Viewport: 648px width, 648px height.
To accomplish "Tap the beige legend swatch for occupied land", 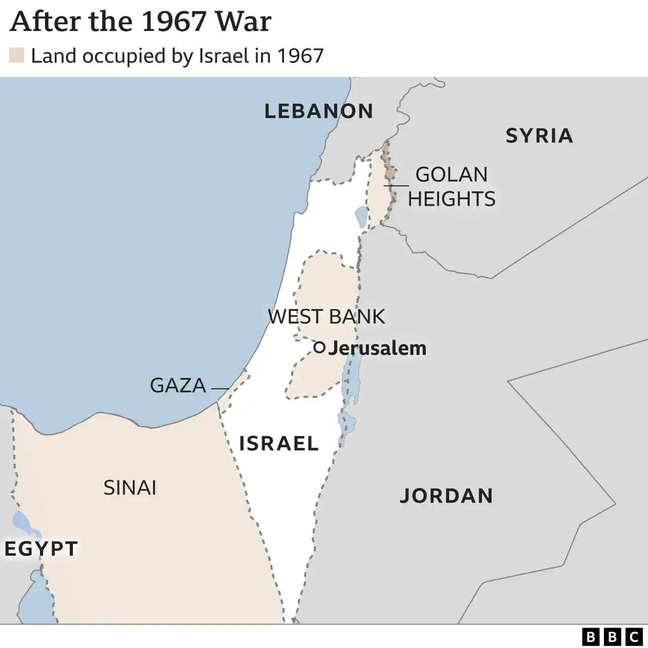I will pyautogui.click(x=17, y=56).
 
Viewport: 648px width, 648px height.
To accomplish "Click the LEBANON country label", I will pyautogui.click(x=318, y=111).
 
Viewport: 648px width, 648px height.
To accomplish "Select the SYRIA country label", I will pyautogui.click(x=539, y=136).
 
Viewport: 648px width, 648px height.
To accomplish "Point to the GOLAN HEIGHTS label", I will pyautogui.click(x=452, y=187).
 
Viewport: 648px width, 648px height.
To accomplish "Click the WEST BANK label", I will pyautogui.click(x=326, y=316).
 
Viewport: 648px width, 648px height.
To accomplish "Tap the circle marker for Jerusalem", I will pyautogui.click(x=319, y=347).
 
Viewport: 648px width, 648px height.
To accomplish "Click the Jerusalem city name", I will pyautogui.click(x=377, y=348).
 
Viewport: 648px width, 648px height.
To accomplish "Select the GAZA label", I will pyautogui.click(x=178, y=386).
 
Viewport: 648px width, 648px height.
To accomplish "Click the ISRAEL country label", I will pyautogui.click(x=278, y=443).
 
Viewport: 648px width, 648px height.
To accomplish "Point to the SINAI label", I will pyautogui.click(x=130, y=488).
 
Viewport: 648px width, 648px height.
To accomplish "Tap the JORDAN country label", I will pyautogui.click(x=446, y=496).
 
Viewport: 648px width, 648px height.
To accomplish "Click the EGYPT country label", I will pyautogui.click(x=41, y=549).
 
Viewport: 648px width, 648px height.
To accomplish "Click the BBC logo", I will pyautogui.click(x=612, y=636).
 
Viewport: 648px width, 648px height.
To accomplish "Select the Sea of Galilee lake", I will pyautogui.click(x=361, y=217).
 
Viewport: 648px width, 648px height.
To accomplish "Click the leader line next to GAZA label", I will pyautogui.click(x=220, y=388).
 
